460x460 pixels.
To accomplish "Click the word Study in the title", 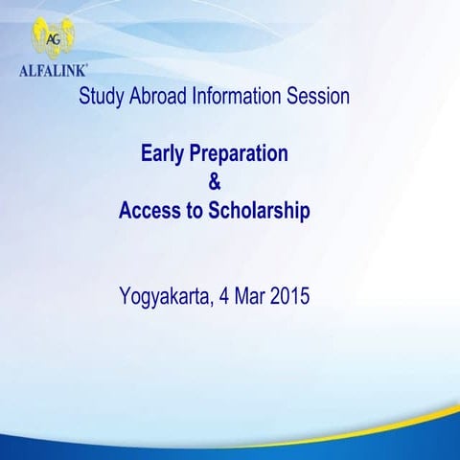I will tap(100, 97).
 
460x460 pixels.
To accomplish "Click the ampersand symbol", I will tap(215, 182).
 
